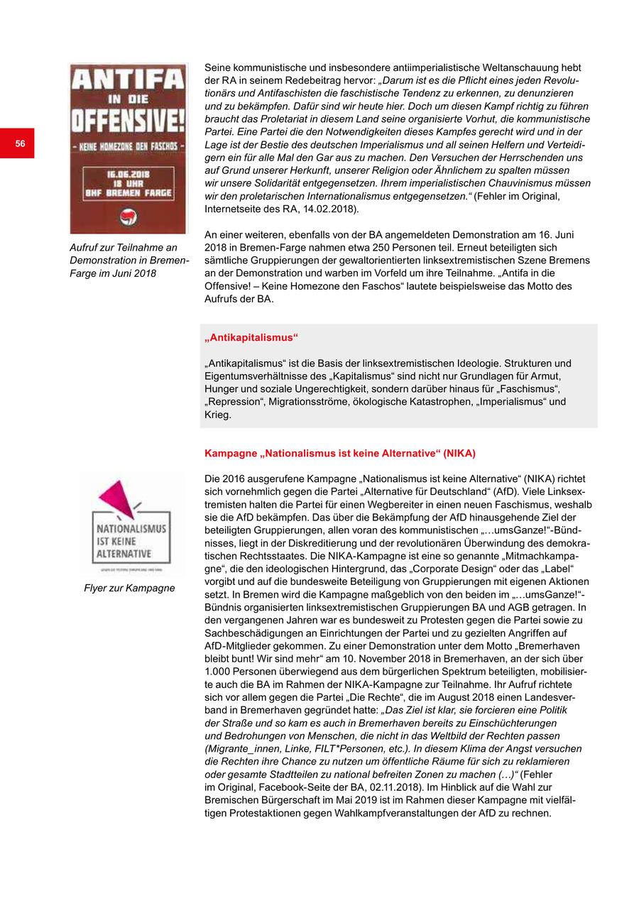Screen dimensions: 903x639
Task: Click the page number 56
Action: click(20, 143)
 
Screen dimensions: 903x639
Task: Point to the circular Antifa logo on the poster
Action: click(129, 217)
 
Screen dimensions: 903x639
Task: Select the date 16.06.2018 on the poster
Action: click(128, 174)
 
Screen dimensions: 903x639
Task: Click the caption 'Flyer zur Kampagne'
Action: click(129, 588)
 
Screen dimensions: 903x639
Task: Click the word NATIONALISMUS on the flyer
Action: click(131, 529)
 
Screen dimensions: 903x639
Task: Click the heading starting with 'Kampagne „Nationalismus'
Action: click(340, 453)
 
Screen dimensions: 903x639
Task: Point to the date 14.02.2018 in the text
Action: click(333, 209)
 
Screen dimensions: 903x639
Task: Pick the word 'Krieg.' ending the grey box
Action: click(218, 415)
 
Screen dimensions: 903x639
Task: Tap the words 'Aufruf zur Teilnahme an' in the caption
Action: click(124, 247)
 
